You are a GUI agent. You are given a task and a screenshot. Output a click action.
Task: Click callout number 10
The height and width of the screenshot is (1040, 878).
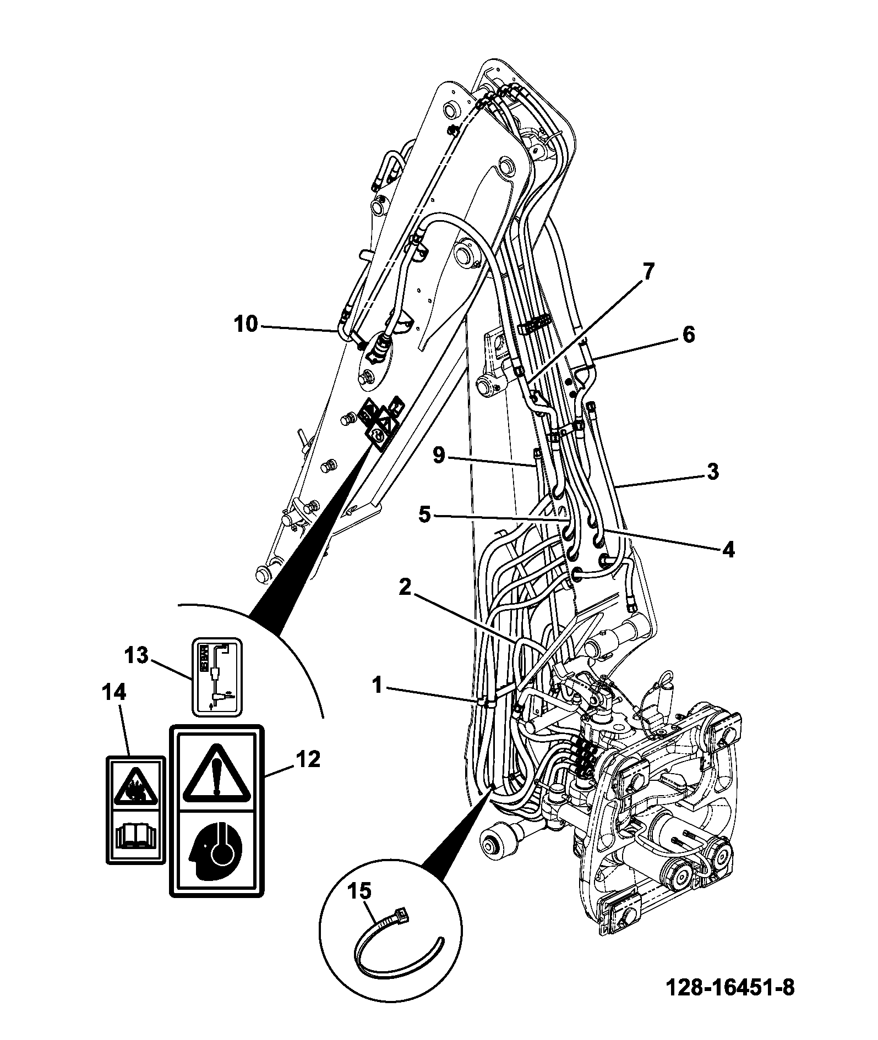click(246, 325)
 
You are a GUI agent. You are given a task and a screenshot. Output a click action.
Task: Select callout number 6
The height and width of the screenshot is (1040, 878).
click(689, 335)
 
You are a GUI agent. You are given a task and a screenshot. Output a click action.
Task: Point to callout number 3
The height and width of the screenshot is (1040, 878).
click(713, 472)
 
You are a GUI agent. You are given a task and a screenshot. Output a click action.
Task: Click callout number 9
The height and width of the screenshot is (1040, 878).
click(439, 456)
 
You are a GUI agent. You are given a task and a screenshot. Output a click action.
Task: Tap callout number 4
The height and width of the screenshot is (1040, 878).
click(728, 550)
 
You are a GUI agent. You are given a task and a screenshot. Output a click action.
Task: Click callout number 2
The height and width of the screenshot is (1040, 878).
click(405, 588)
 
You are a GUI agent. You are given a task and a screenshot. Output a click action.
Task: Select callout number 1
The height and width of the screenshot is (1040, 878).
click(377, 686)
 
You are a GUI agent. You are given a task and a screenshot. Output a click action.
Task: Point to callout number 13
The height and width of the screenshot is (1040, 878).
click(136, 655)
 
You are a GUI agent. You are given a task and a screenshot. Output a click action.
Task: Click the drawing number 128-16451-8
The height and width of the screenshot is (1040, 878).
click(730, 988)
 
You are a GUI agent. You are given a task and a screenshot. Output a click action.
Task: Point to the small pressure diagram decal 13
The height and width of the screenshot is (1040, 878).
click(216, 676)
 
